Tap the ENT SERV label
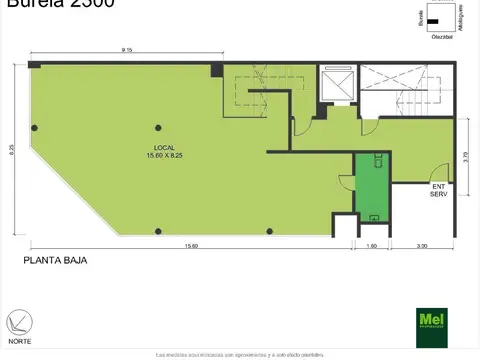coord(438,190)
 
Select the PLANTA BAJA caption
coord(55,260)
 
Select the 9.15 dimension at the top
coord(128,50)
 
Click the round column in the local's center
coord(157,126)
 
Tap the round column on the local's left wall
coord(34,127)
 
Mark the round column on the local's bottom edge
coord(157,232)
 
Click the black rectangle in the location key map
coord(433,21)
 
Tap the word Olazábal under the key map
coord(432,37)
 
